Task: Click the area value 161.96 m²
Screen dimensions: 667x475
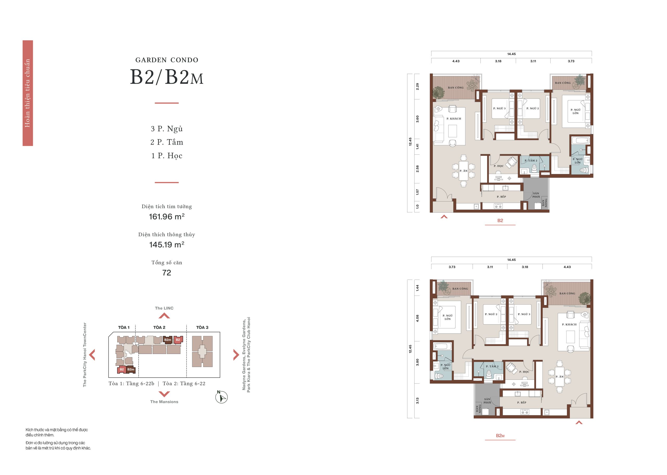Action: click(x=166, y=217)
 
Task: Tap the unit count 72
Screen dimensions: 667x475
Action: click(x=166, y=273)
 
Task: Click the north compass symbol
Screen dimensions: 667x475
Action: click(x=221, y=397)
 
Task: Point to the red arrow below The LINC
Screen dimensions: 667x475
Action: click(x=164, y=316)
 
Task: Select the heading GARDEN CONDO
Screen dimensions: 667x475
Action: click(x=167, y=60)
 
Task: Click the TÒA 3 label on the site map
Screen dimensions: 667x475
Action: click(x=202, y=327)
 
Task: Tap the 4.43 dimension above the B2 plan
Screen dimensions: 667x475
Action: click(x=456, y=61)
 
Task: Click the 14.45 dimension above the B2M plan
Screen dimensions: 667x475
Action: click(x=511, y=260)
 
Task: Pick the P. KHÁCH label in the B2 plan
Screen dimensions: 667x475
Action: click(x=454, y=119)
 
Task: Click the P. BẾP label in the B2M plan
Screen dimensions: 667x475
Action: click(x=522, y=402)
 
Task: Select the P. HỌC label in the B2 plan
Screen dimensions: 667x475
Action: click(x=499, y=166)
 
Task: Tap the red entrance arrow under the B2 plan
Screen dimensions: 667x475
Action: click(x=444, y=217)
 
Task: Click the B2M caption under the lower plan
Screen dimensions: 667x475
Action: click(x=500, y=436)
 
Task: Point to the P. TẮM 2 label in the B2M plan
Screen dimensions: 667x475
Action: click(x=492, y=366)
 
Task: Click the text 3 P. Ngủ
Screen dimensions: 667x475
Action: click(x=166, y=129)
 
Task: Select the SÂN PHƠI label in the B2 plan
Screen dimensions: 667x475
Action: click(x=536, y=195)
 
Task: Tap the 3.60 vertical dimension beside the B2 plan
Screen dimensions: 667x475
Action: click(x=417, y=119)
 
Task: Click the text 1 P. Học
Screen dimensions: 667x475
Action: click(x=166, y=156)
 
